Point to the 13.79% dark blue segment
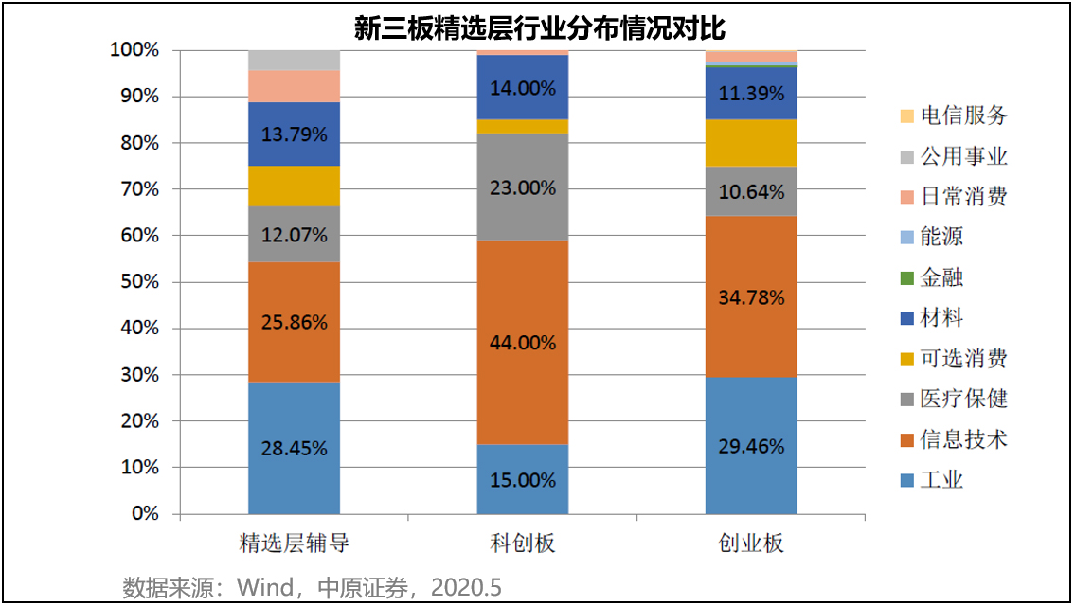click(x=294, y=134)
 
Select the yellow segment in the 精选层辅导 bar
click(x=294, y=186)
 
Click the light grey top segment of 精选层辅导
click(x=294, y=60)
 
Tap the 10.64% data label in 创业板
click(x=751, y=192)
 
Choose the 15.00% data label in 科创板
click(x=523, y=480)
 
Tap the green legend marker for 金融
click(x=906, y=278)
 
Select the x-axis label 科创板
click(x=523, y=544)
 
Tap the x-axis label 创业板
click(x=751, y=544)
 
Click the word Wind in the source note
click(x=265, y=587)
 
